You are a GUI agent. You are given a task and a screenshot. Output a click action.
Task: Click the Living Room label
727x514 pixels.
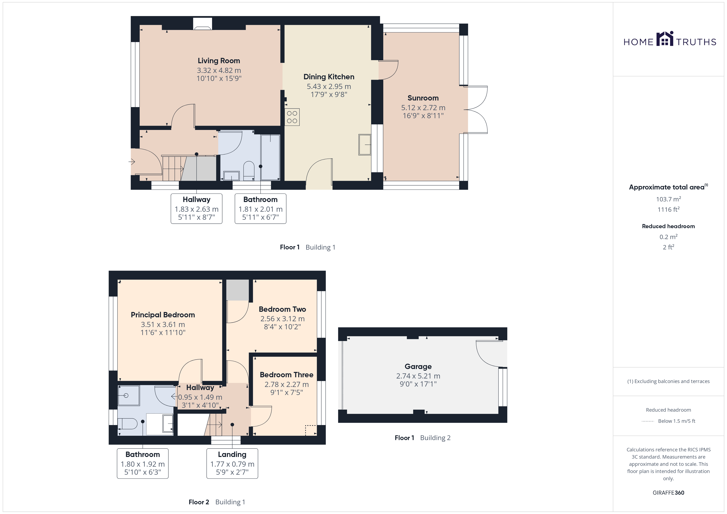219,61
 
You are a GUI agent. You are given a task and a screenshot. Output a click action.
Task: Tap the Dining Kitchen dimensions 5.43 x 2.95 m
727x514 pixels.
329,86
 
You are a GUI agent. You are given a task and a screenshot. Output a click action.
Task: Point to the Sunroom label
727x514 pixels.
423,98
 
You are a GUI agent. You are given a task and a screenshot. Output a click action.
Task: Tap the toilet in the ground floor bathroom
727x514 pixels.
249,171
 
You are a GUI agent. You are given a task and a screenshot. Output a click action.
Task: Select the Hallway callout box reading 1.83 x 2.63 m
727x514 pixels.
197,209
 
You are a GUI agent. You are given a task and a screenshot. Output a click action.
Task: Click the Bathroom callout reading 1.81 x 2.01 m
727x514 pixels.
261,209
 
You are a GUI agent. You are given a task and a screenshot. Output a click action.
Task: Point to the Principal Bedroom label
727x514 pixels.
163,315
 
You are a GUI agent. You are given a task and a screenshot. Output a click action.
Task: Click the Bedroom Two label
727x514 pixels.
283,309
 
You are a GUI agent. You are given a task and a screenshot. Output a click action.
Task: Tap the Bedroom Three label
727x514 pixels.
287,375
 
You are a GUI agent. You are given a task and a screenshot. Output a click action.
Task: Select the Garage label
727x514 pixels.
418,367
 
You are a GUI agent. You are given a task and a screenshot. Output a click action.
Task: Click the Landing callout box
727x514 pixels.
232,463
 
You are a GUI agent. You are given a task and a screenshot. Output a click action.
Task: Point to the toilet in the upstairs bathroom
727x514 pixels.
127,423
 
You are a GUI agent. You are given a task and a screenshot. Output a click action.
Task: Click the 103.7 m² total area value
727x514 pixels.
668,199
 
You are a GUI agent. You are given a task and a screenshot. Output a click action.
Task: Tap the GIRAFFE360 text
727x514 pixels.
668,493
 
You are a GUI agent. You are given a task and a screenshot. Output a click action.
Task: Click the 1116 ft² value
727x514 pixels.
668,209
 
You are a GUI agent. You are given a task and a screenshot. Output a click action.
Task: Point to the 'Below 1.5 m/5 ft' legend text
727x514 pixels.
677,421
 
